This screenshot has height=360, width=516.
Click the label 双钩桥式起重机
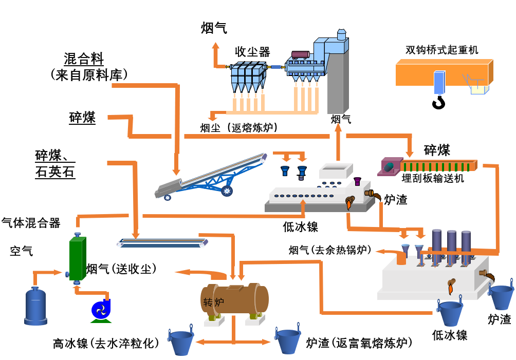pos(441,50)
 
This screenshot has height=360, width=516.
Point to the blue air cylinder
pos(35,306)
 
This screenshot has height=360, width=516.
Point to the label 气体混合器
pos(31,222)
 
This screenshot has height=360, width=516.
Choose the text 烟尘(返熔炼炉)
pos(239,127)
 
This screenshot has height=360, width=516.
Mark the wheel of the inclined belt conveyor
pos(227,191)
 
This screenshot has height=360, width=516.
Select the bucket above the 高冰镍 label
pos(182,342)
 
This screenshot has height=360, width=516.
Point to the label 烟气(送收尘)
pos(121,268)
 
